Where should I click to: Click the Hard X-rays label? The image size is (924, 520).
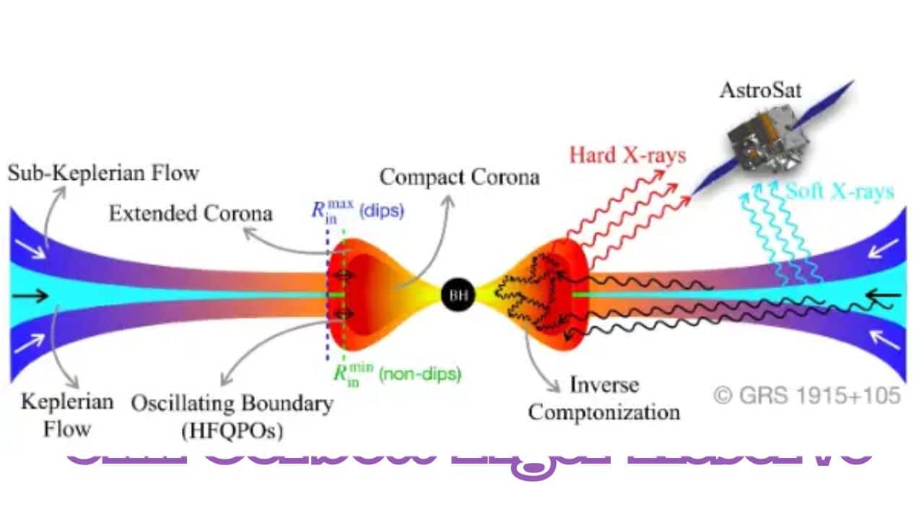click(x=627, y=155)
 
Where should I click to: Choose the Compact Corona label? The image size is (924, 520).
click(x=459, y=176)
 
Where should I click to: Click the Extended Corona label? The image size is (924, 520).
click(x=191, y=214)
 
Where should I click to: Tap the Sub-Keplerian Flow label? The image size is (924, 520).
click(x=103, y=173)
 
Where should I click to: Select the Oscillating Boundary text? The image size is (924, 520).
click(x=232, y=403)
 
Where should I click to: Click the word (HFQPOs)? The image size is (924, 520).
click(x=232, y=431)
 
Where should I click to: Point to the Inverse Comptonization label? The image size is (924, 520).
click(x=603, y=398)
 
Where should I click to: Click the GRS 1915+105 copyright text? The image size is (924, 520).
click(x=807, y=395)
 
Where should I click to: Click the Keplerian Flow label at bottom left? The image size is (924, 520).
click(x=66, y=415)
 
